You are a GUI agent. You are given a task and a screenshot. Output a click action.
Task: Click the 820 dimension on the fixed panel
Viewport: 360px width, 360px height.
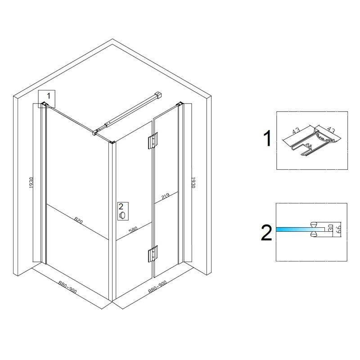[x=78, y=221]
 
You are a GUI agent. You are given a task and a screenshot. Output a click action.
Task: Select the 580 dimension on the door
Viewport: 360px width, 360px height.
[x=133, y=230]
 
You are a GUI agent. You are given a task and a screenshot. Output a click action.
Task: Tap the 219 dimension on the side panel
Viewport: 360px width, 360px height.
[x=165, y=196]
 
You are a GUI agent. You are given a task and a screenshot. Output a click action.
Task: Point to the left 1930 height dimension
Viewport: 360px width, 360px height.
[x=31, y=183]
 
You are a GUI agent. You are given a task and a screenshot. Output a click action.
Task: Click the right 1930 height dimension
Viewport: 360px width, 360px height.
[x=193, y=182]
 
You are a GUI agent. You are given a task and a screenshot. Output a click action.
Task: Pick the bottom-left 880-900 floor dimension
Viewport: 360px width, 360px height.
[x=67, y=288]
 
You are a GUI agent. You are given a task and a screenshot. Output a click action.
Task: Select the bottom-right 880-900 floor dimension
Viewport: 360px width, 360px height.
[x=157, y=287]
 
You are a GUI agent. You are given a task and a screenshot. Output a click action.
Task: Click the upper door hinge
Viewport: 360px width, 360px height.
[x=153, y=140]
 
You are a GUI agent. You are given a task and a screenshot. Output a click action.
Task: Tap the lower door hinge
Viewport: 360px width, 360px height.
[x=153, y=253]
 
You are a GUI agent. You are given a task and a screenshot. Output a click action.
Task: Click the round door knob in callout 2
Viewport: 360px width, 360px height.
[x=122, y=215]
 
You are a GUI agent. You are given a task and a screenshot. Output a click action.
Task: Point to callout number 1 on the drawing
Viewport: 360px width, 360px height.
[x=49, y=95]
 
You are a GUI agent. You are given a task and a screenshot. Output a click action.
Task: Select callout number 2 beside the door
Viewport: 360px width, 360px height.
[x=121, y=207]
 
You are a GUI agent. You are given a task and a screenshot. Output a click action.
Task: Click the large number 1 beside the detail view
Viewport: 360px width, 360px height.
[x=268, y=138]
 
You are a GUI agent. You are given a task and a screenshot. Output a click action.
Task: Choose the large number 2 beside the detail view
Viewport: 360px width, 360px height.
[x=266, y=233]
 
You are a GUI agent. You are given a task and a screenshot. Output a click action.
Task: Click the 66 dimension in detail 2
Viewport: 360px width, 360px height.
[x=338, y=229]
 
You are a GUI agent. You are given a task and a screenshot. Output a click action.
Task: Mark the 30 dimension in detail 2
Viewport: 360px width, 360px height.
[x=331, y=228]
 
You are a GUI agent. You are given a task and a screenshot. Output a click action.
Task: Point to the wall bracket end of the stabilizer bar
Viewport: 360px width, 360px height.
[x=158, y=95]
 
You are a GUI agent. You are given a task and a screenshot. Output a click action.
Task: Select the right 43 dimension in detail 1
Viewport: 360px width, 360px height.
[x=331, y=130]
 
